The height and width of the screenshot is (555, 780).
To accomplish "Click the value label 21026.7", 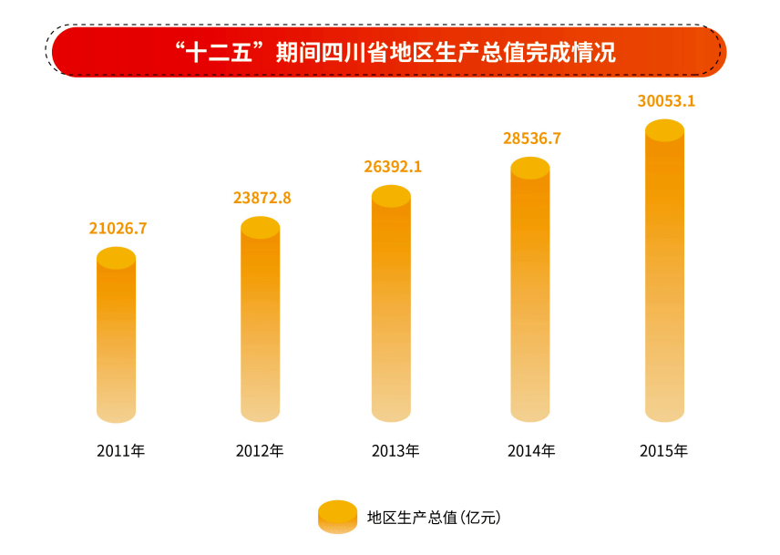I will point(118,229).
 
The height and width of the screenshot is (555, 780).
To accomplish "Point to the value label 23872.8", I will point(262,198).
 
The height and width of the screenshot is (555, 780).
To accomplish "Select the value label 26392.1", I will point(393,167).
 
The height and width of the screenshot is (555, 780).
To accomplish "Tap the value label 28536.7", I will point(531,139).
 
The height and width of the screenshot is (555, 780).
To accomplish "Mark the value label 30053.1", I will point(666,101).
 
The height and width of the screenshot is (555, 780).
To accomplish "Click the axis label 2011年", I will point(120,451).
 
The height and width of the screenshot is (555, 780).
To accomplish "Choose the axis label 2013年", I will point(395,451).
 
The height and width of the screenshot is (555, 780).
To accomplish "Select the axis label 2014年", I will point(531,451).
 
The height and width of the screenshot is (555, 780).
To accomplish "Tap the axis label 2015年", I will point(664,451).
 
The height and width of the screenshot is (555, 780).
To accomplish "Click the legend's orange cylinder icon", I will point(337,517).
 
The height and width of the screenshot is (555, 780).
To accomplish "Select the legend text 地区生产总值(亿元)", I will point(434,518).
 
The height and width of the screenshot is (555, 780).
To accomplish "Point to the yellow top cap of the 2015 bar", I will point(664,130).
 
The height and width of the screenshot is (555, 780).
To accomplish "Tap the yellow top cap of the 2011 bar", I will point(116,258).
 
